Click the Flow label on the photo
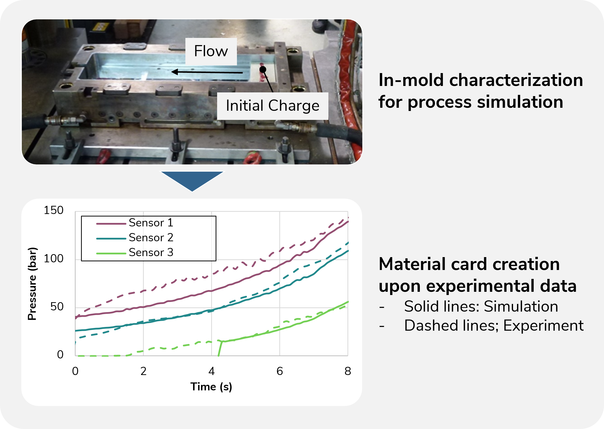tap(211, 51)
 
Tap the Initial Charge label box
tap(273, 106)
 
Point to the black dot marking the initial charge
tap(263, 69)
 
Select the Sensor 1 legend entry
tap(135, 223)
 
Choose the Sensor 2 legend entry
tap(135, 238)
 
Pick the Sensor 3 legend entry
tap(135, 253)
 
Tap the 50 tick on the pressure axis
tap(57, 307)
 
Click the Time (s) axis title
tap(211, 387)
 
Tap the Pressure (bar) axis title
tap(32, 284)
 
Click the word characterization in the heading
tap(516, 80)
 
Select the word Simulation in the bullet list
tap(521, 307)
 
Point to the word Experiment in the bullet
tap(543, 326)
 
